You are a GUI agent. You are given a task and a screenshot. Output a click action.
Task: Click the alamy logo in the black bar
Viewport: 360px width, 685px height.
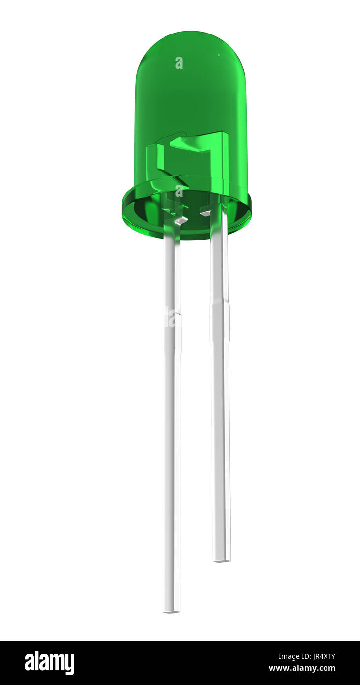49,663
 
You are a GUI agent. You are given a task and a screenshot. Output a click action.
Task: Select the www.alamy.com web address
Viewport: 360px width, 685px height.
302,669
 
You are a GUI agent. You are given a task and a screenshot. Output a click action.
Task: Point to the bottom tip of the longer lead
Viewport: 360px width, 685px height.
171,610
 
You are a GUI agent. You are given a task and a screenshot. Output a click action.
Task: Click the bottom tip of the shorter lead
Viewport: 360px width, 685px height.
222,559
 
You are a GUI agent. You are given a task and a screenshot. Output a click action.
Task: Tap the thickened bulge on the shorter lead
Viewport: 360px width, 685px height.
220,323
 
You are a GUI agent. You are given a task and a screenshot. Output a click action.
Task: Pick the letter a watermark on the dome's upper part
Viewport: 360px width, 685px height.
179,63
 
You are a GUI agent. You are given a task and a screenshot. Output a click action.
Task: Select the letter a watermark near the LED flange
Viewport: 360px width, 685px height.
179,191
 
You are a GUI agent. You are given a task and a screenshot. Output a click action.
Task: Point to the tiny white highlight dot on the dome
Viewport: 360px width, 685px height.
219,55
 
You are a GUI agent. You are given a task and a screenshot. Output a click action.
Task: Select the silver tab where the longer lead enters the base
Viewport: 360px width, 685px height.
181,220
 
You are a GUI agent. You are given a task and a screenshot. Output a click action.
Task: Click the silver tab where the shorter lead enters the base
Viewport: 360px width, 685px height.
205,213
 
